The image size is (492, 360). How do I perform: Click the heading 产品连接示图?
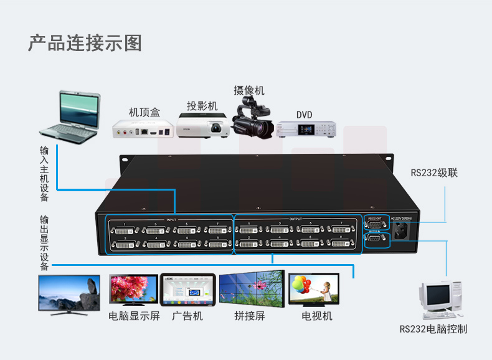85,43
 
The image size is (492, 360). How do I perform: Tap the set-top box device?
141,129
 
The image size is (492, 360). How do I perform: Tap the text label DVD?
304,115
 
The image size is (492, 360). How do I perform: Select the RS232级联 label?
434,173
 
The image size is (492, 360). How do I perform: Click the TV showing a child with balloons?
315,290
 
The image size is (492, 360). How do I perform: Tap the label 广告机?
187,316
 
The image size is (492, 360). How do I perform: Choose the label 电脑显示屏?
134,316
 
